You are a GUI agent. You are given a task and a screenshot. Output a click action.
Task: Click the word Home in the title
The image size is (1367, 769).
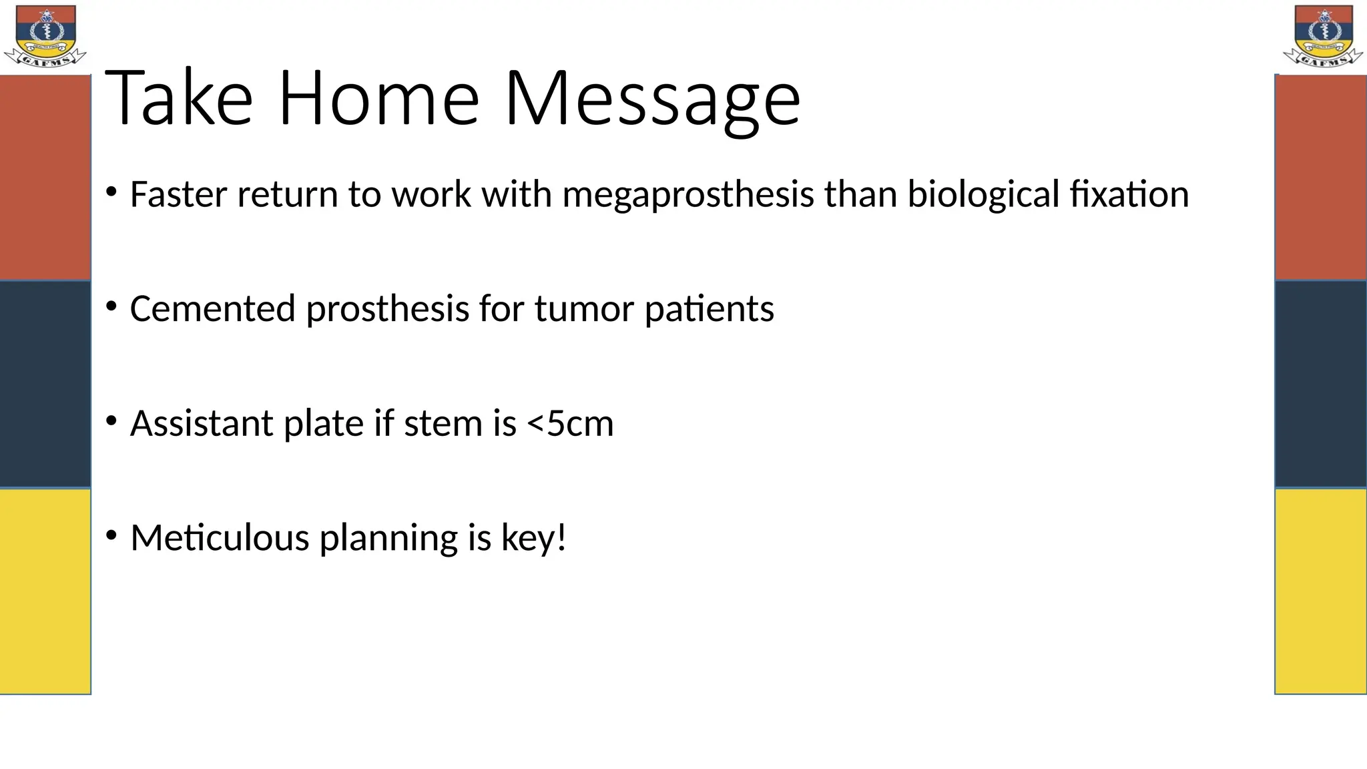click(378, 99)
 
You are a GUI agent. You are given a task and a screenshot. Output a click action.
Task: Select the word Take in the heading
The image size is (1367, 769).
click(179, 99)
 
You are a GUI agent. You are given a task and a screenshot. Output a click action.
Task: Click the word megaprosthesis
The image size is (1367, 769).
click(688, 195)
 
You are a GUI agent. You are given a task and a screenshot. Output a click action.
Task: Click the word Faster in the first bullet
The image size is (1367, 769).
click(178, 195)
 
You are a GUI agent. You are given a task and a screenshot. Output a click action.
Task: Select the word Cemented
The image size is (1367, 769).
click(212, 309)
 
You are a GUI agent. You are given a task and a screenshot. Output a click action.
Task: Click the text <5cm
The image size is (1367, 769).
click(570, 423)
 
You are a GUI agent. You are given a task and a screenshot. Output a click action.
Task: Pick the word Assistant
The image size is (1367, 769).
click(202, 423)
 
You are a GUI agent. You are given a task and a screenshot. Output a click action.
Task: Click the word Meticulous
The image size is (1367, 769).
click(220, 537)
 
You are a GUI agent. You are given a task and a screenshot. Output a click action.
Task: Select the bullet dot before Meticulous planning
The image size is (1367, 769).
click(111, 535)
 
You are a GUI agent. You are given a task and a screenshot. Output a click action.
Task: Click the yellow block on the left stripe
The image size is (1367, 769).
click(45, 591)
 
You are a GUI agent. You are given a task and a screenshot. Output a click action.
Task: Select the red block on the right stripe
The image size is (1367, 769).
click(1320, 177)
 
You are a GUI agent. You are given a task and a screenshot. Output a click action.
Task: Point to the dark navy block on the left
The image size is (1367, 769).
click(45, 384)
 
